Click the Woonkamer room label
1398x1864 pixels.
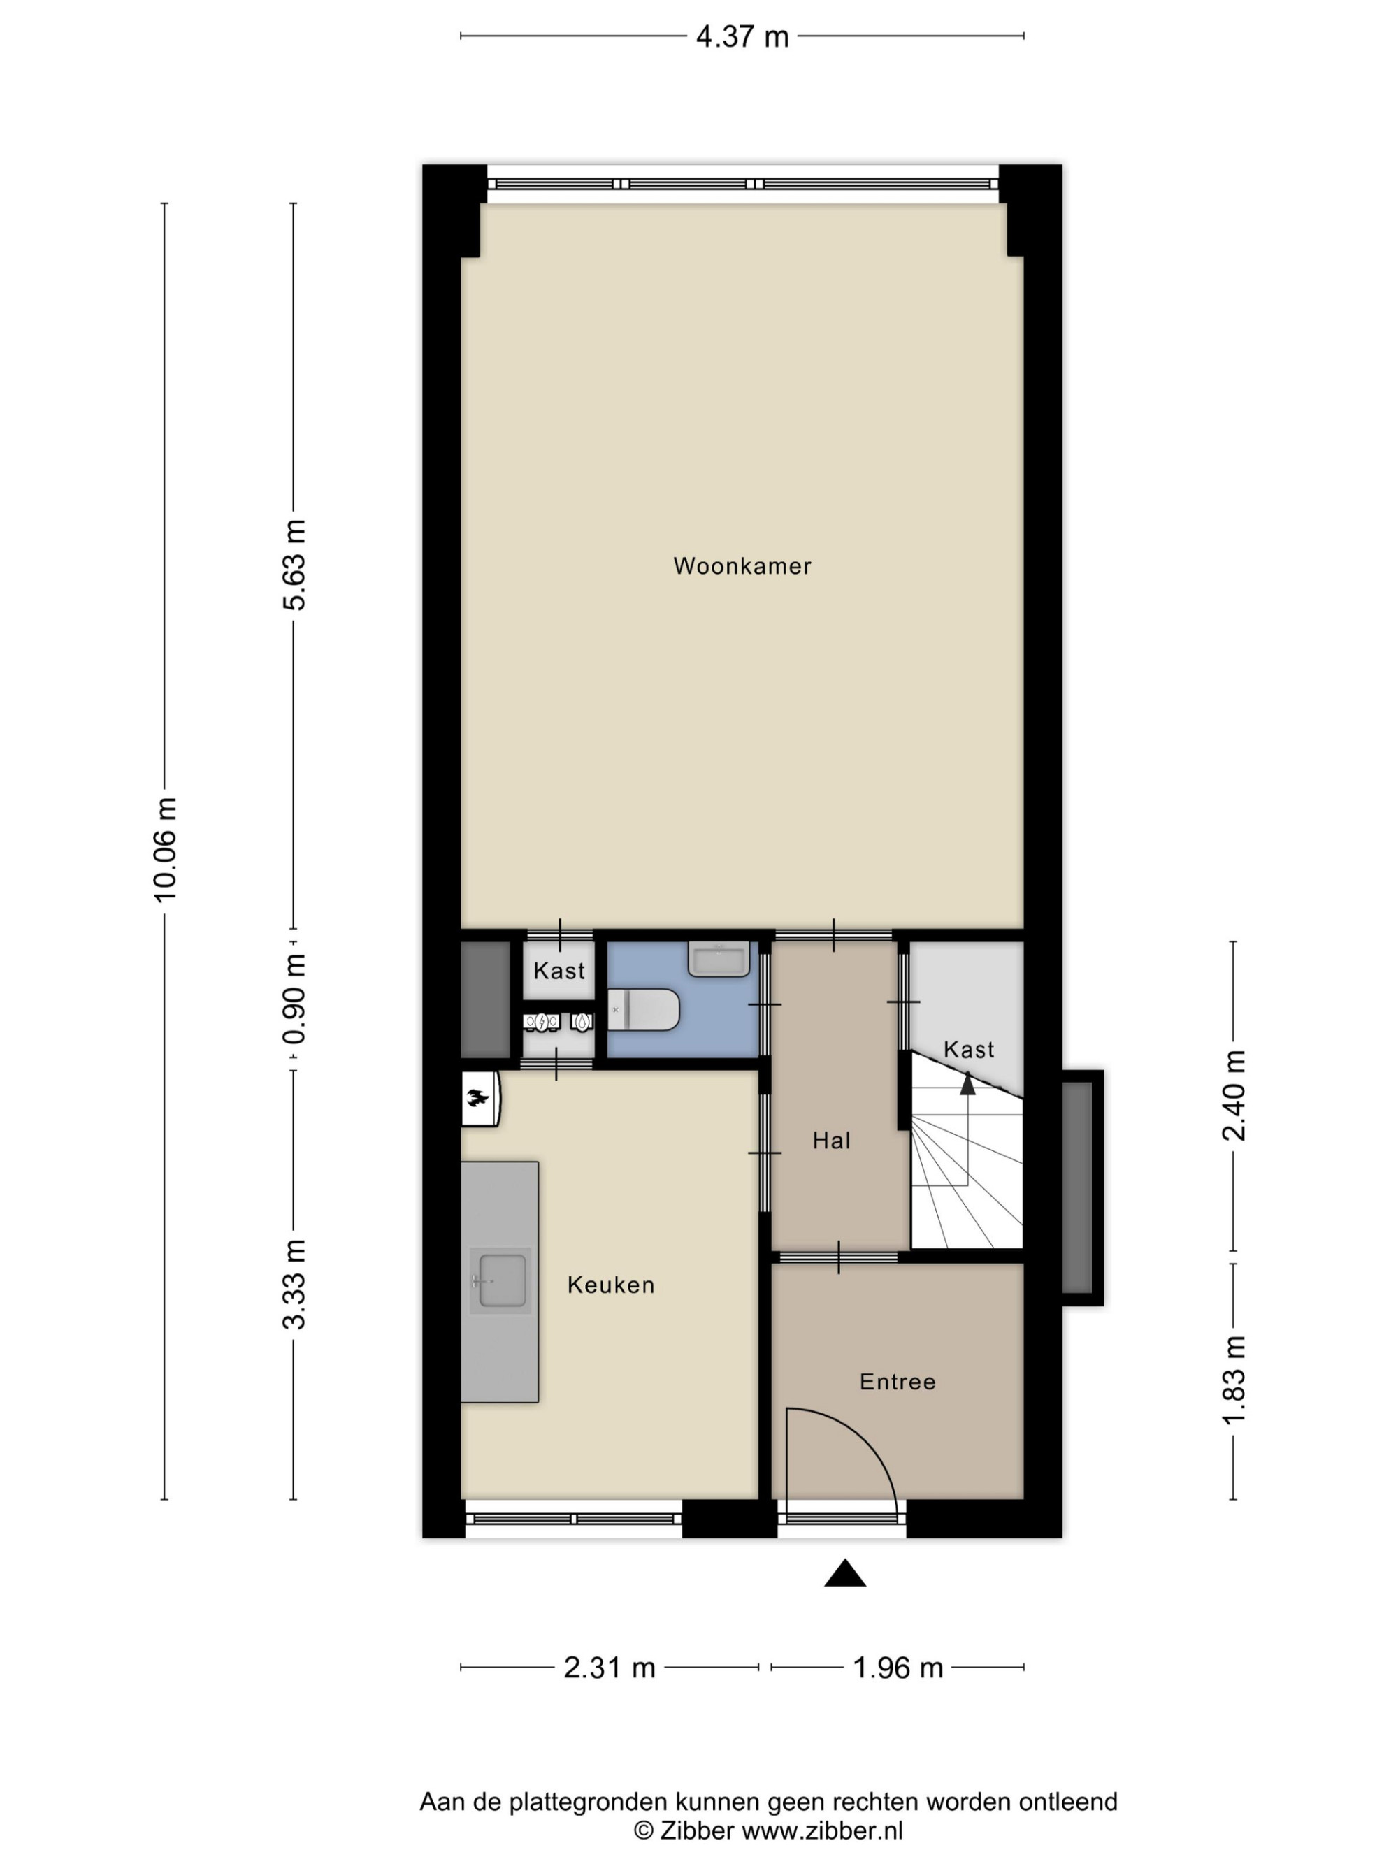[742, 565]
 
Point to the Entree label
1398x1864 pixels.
[898, 1381]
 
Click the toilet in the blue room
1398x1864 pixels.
[644, 1009]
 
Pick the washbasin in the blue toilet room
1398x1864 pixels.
[719, 958]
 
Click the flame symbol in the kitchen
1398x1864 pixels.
[477, 1097]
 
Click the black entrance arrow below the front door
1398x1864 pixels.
[844, 1573]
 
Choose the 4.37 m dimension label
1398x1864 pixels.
[742, 37]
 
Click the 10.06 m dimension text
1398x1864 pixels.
[165, 848]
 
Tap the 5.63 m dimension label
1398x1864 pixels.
[294, 565]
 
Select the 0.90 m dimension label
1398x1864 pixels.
[294, 999]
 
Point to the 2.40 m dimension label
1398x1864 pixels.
[1234, 1095]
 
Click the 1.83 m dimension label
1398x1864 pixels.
[1234, 1381]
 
